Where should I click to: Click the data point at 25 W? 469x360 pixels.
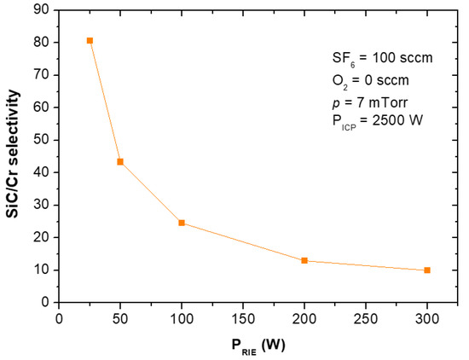(x=90, y=40)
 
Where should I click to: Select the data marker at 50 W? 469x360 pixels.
(x=120, y=161)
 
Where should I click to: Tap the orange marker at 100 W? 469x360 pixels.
(x=182, y=223)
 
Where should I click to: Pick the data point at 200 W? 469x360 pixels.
(x=304, y=260)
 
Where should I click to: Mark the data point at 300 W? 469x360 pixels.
(x=427, y=270)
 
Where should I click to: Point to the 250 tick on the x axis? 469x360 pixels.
(x=366, y=317)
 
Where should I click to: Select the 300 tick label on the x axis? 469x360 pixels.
(x=427, y=317)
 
